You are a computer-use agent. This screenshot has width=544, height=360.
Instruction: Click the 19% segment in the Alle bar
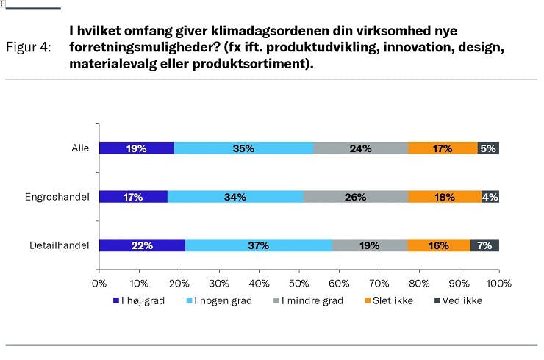(136, 148)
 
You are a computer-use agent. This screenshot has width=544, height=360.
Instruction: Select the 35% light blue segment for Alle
(244, 148)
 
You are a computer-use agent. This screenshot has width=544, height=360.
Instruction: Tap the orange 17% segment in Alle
(443, 148)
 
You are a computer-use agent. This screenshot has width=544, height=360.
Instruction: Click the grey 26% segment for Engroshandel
(355, 197)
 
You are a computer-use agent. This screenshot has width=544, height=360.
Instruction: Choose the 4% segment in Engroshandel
(490, 197)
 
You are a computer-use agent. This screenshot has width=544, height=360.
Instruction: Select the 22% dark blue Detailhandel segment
(142, 245)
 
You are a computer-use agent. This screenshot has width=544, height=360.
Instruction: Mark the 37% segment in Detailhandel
(259, 245)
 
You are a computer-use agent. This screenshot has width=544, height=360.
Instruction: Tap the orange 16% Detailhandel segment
(439, 245)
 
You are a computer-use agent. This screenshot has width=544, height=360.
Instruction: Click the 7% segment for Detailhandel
(484, 245)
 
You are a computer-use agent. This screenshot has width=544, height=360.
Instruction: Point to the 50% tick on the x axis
(299, 283)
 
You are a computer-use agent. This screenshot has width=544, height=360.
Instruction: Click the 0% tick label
(99, 283)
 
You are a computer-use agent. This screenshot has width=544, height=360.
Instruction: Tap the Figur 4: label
(29, 47)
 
